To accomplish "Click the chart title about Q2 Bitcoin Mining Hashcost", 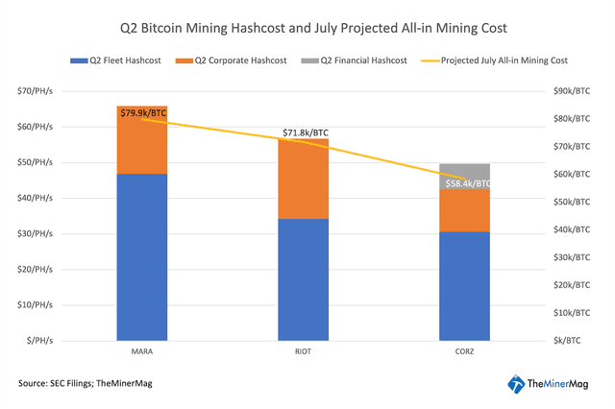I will coord(307,29).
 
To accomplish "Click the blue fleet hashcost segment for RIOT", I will coord(304,278).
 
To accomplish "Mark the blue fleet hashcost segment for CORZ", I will coord(465,285).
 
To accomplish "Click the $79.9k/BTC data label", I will coord(145,111).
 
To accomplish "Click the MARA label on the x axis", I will coord(141,350).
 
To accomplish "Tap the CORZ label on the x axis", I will coord(465,350).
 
